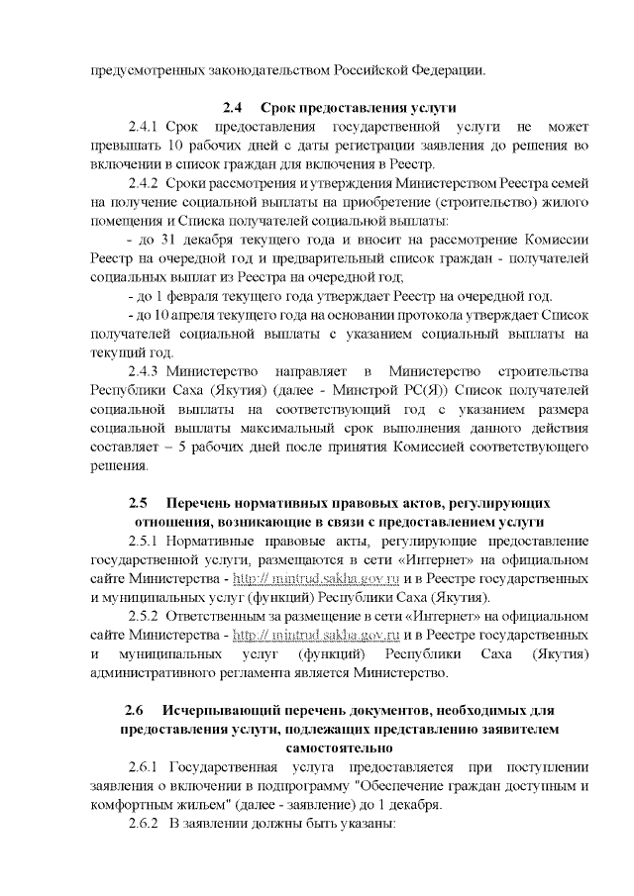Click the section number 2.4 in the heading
click(x=232, y=107)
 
